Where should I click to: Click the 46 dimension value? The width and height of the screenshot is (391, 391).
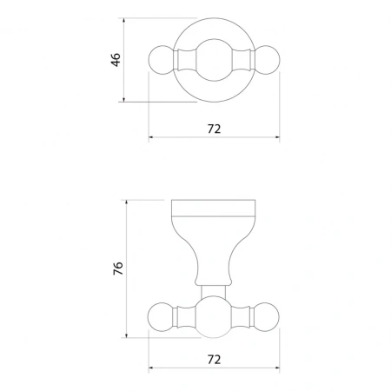[116, 60]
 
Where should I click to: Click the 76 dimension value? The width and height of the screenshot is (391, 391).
[118, 268]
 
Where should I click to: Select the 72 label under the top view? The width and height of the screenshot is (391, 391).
[214, 129]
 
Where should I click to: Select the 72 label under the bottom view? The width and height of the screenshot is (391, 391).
[214, 360]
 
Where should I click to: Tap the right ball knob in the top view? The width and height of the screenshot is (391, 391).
[267, 60]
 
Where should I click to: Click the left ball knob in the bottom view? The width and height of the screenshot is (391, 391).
[161, 317]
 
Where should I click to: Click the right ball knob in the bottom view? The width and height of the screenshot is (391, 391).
[266, 317]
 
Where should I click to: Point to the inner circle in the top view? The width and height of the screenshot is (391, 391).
[215, 39]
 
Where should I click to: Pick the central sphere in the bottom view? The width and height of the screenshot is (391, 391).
[214, 317]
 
